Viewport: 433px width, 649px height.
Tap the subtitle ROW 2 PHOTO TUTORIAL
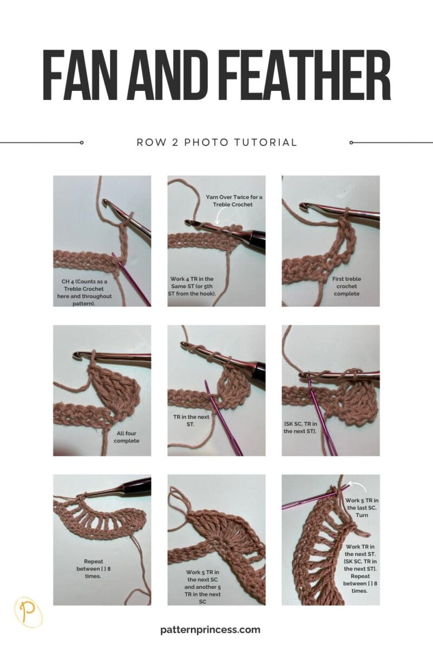[216, 143]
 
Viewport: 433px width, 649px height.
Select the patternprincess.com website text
[211, 630]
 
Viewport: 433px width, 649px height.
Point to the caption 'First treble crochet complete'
[347, 285]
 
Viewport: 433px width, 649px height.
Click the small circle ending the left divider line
[82, 143]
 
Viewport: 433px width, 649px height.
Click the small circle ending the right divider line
[351, 143]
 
